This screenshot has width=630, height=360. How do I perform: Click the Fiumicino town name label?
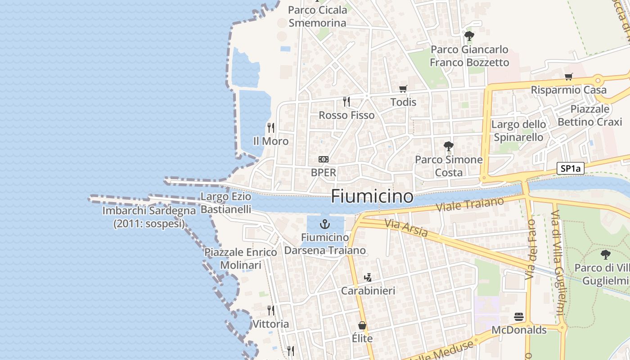[372, 196]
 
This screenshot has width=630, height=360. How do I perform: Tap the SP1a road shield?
[570, 169]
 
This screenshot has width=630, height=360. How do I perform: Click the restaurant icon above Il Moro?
[271, 128]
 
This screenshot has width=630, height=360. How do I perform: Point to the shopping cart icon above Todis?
[403, 89]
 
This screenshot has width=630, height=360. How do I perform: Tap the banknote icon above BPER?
[324, 159]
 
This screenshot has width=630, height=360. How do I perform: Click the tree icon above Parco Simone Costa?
[448, 146]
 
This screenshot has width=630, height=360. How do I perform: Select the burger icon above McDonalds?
[519, 317]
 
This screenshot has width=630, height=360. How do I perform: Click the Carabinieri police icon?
[368, 277]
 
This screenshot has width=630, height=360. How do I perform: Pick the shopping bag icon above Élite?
[362, 325]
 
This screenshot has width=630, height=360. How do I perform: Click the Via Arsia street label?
[406, 228]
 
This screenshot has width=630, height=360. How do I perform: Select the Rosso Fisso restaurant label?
[346, 115]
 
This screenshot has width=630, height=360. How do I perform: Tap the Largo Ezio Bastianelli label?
[225, 203]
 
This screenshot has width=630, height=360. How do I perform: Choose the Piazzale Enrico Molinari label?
[241, 258]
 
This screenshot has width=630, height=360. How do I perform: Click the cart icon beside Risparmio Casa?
[569, 76]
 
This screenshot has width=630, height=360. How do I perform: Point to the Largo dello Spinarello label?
[518, 130]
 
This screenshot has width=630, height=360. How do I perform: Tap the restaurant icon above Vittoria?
[271, 310]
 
